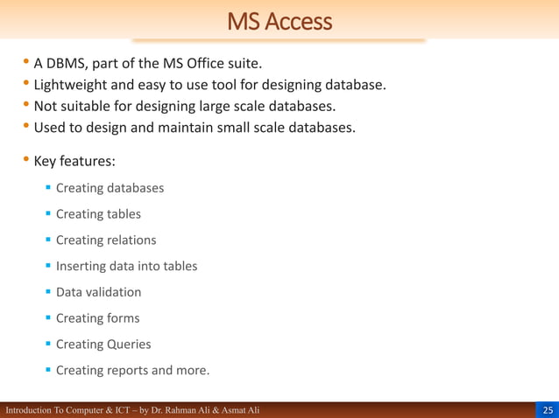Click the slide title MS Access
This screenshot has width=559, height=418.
[279, 20]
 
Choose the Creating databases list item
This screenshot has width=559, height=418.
[110, 188]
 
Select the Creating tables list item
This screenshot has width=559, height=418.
[98, 214]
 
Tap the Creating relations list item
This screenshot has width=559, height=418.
[106, 240]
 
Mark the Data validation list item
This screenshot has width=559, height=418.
[98, 292]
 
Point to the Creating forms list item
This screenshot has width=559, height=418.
[97, 318]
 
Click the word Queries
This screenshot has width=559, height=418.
[130, 345]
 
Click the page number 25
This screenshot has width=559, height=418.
[548, 410]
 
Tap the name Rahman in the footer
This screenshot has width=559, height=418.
[179, 410]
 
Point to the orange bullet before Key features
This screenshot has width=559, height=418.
[26, 161]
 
